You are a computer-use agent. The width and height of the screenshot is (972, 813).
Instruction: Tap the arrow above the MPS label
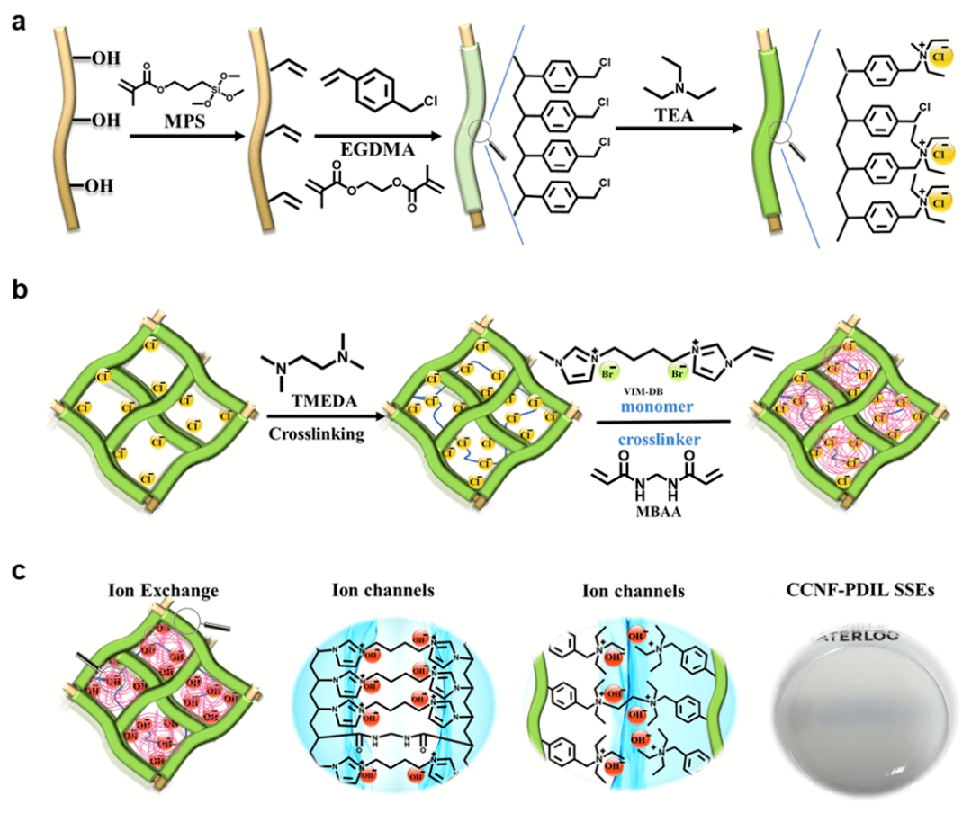pyautogui.click(x=184, y=137)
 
